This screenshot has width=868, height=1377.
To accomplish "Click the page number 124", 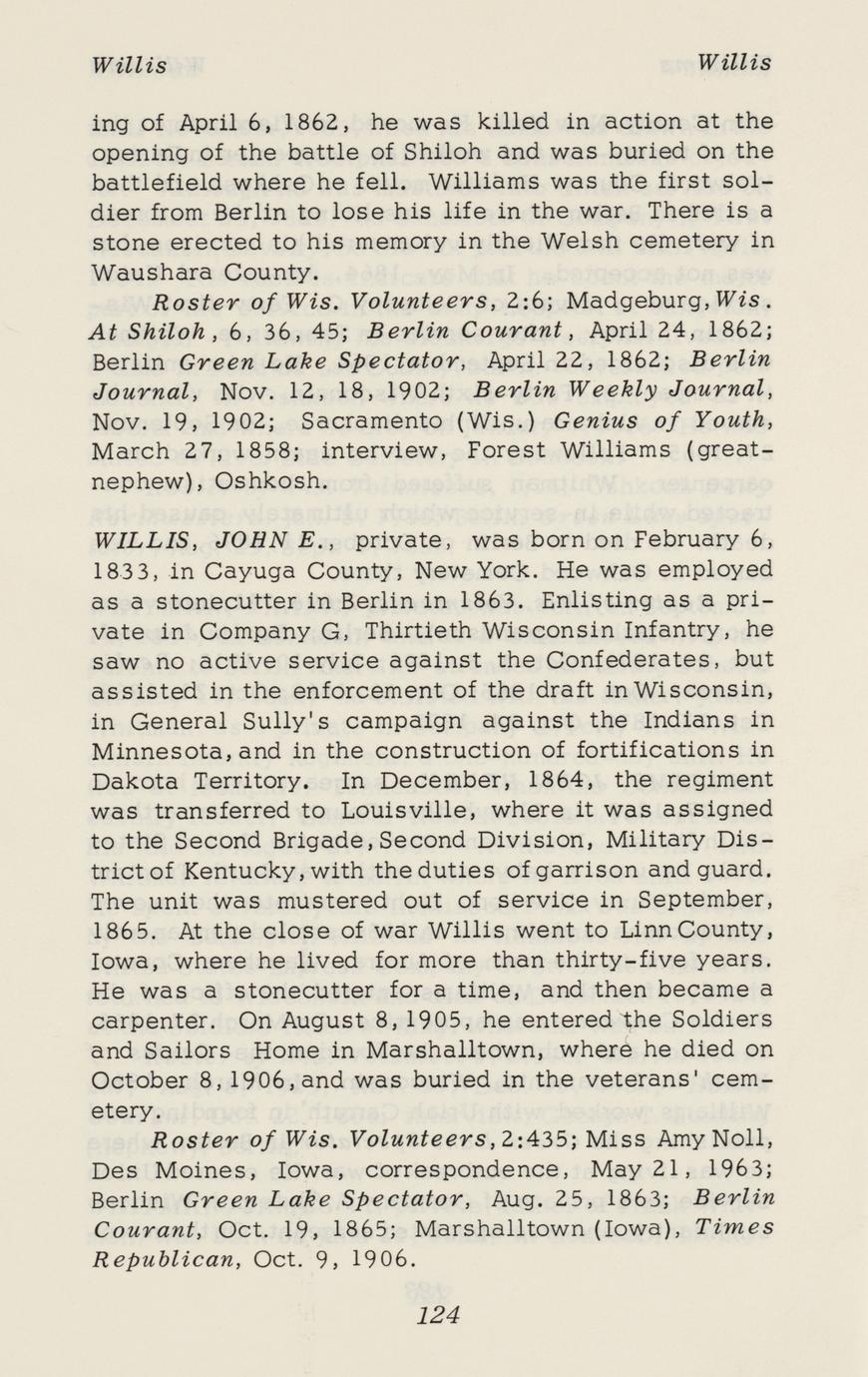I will coord(439,1315).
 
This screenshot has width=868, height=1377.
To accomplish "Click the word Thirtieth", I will coord(420,631).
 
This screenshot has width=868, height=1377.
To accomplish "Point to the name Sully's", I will coord(323,720).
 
